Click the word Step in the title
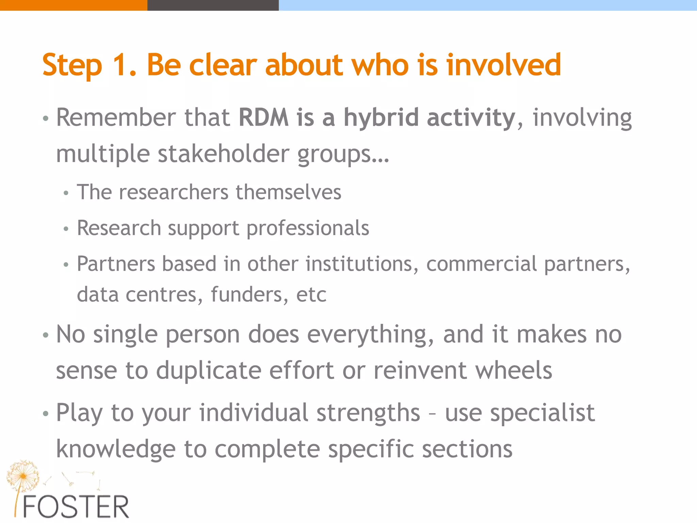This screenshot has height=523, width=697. [72, 65]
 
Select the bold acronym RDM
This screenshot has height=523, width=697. [263, 117]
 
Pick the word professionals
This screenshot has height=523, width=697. [308, 228]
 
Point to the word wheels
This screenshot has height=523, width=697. [514, 370]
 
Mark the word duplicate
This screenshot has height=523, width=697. [209, 370]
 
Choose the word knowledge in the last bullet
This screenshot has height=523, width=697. [116, 449]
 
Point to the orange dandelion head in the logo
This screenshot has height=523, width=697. [22, 476]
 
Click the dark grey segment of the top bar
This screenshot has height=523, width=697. [213, 5]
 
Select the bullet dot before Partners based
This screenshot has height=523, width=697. [66, 265]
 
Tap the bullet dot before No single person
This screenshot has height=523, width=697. [46, 335]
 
